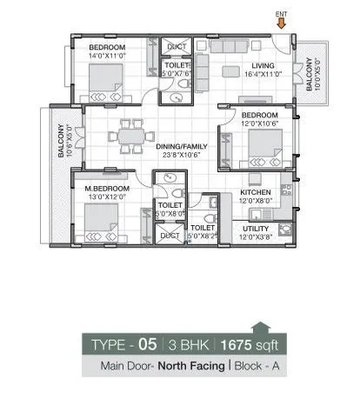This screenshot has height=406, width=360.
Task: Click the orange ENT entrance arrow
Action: point(280,23)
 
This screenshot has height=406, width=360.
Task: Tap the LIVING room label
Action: point(263,65)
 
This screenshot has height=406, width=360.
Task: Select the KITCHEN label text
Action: point(256,192)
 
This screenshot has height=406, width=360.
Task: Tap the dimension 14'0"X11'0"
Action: point(108,55)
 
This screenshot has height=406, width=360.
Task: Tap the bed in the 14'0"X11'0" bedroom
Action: point(105,84)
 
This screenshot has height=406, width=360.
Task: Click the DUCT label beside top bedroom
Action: point(175,47)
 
